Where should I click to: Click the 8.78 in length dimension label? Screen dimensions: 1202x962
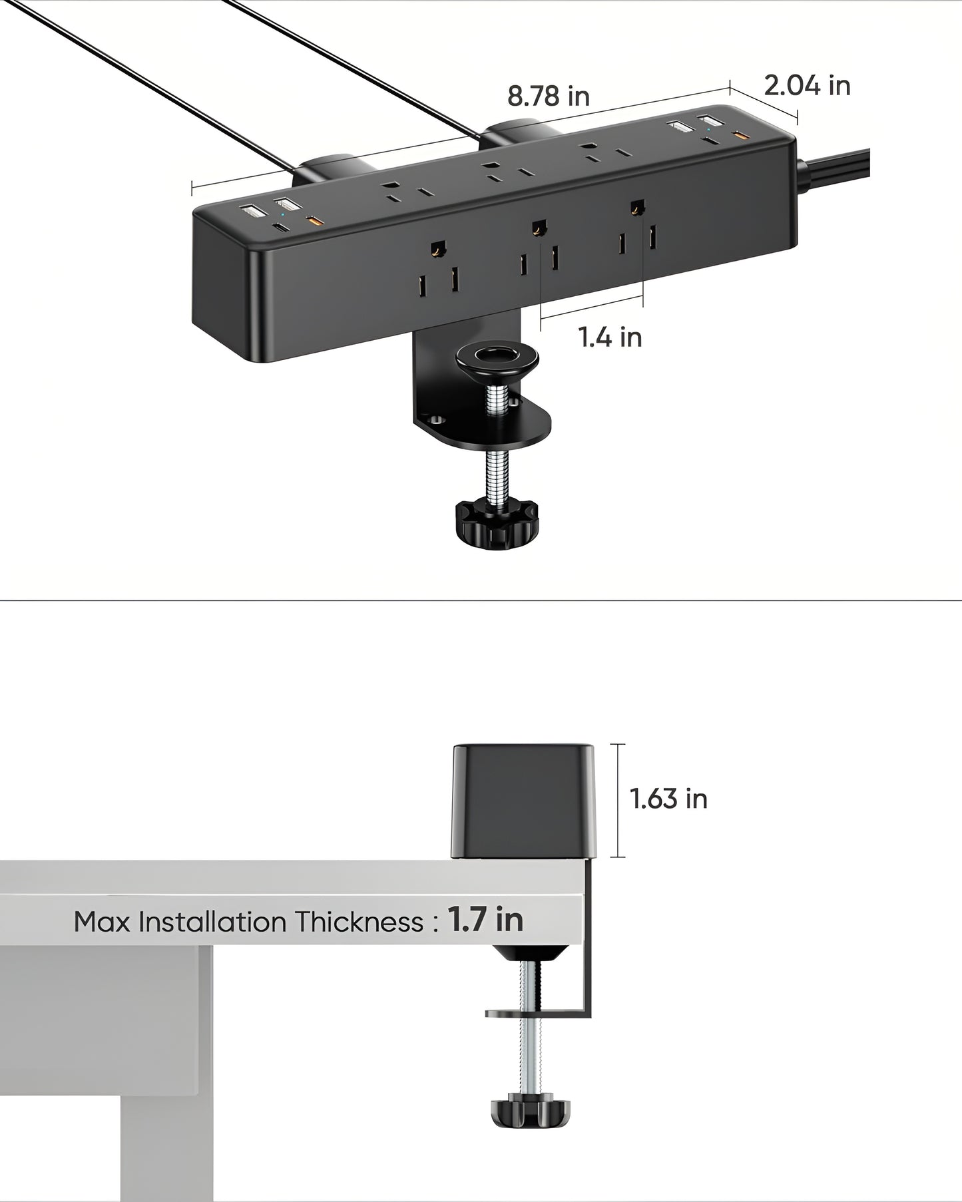point(549,97)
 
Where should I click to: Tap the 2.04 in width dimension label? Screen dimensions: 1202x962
point(807,86)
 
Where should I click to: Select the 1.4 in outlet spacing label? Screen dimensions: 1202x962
point(610,337)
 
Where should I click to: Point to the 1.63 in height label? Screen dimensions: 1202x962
point(668,799)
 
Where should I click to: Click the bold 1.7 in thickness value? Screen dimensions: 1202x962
point(485,920)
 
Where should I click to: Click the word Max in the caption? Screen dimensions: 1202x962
point(102,922)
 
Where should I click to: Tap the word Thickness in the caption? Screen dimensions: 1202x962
point(360,922)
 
